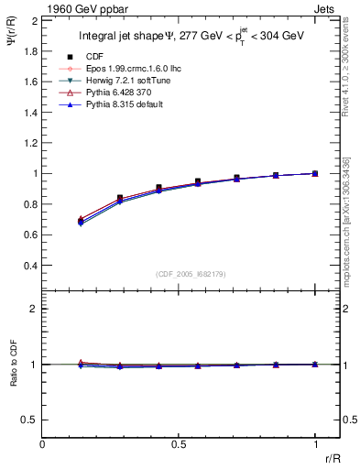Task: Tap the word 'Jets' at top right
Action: point(326,7)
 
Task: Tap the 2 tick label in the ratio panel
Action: point(32,310)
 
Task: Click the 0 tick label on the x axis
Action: point(43,443)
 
